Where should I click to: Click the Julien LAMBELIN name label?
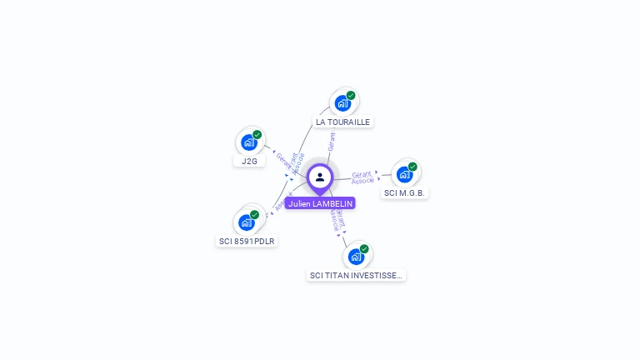(320, 203)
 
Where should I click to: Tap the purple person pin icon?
(320, 177)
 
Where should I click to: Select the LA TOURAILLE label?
(342, 122)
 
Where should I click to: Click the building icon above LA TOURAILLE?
(342, 103)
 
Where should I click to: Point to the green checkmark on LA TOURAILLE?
(351, 95)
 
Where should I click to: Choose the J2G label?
(249, 161)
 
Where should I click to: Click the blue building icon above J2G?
(248, 142)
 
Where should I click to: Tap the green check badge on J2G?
(257, 134)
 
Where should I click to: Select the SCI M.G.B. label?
(405, 193)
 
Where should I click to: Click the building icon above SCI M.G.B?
(404, 174)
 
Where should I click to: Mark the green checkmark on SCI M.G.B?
(412, 167)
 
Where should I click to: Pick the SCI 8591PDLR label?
(247, 242)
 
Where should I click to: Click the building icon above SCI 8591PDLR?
(246, 222)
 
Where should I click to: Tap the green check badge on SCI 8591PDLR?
(254, 214)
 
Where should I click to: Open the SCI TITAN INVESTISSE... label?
(356, 275)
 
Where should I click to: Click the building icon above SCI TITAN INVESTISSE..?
(356, 256)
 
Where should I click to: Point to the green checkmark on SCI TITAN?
(364, 248)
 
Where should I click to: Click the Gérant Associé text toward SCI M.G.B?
(362, 177)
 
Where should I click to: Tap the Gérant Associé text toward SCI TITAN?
(337, 218)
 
